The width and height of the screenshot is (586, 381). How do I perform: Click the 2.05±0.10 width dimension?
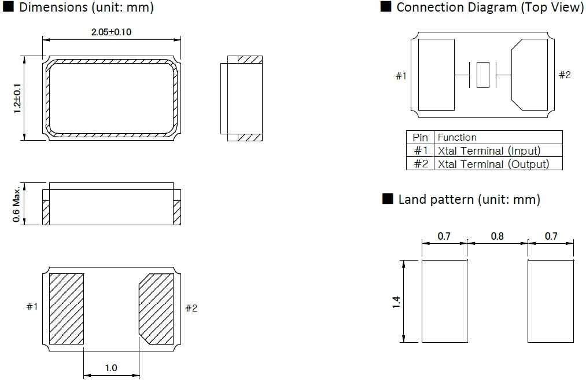pos(111,32)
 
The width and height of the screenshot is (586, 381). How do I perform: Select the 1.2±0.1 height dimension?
pos(17,98)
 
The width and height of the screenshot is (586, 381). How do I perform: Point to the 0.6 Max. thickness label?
pos(17,204)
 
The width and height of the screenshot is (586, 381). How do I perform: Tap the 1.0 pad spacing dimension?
pos(111,368)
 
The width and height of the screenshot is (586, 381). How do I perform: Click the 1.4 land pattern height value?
pos(396,302)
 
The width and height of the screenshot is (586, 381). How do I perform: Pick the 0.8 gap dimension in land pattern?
pos(497,236)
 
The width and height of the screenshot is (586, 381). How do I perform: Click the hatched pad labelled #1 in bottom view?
pos(67,308)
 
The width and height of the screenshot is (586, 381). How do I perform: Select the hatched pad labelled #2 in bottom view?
pos(156,308)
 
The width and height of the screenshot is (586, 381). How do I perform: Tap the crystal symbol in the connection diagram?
pos(482,75)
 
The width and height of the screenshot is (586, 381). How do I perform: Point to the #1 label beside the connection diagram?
pos(401,76)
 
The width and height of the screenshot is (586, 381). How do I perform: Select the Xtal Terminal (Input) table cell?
pos(489,151)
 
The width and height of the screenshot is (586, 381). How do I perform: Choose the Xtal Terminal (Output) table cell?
pos(493,164)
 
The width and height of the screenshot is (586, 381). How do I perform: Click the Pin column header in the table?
pos(421,137)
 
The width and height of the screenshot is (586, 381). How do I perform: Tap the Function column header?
pos(457,137)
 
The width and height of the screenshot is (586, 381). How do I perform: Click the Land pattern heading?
pos(469,200)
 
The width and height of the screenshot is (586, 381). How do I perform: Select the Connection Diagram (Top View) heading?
pos(489,8)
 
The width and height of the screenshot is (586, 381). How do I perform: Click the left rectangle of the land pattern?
pos(444,301)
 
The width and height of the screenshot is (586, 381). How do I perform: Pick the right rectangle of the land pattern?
pos(551,301)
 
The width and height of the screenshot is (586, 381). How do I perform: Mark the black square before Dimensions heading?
pos(8,8)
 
